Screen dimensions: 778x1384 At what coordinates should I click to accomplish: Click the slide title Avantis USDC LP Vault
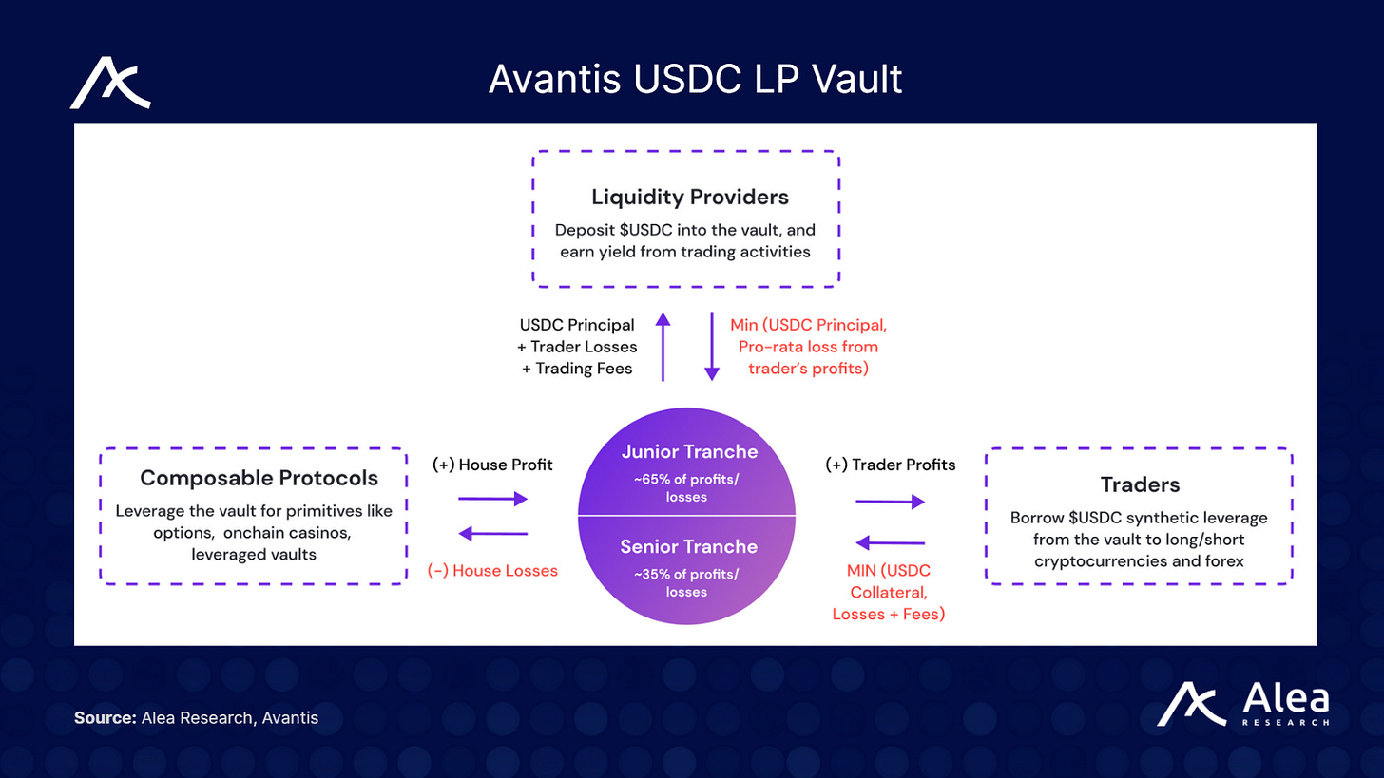click(695, 80)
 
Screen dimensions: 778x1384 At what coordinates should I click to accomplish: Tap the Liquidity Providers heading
click(690, 198)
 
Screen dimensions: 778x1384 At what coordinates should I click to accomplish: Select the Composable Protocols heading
click(259, 478)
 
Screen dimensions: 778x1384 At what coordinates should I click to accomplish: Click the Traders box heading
click(1140, 484)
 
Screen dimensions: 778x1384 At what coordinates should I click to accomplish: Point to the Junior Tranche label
click(689, 452)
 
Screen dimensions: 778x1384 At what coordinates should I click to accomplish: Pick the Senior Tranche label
click(689, 546)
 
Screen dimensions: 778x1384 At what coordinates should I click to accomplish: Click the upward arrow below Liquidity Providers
click(663, 348)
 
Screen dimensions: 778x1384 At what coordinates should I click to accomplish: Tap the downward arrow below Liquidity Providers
click(710, 348)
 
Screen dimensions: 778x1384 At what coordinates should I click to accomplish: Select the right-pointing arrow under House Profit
click(492, 498)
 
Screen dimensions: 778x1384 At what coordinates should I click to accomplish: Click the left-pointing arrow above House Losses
click(492, 534)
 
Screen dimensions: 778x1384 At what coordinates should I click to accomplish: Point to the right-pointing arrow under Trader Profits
click(890, 503)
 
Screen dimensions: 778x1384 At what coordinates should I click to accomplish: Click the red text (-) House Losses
click(493, 570)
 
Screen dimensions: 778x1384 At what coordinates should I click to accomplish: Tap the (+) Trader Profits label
click(889, 465)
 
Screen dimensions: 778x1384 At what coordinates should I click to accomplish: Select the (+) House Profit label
click(492, 465)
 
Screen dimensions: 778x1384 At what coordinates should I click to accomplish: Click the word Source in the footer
click(105, 718)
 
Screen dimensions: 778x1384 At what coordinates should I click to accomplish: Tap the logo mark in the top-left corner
click(110, 83)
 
